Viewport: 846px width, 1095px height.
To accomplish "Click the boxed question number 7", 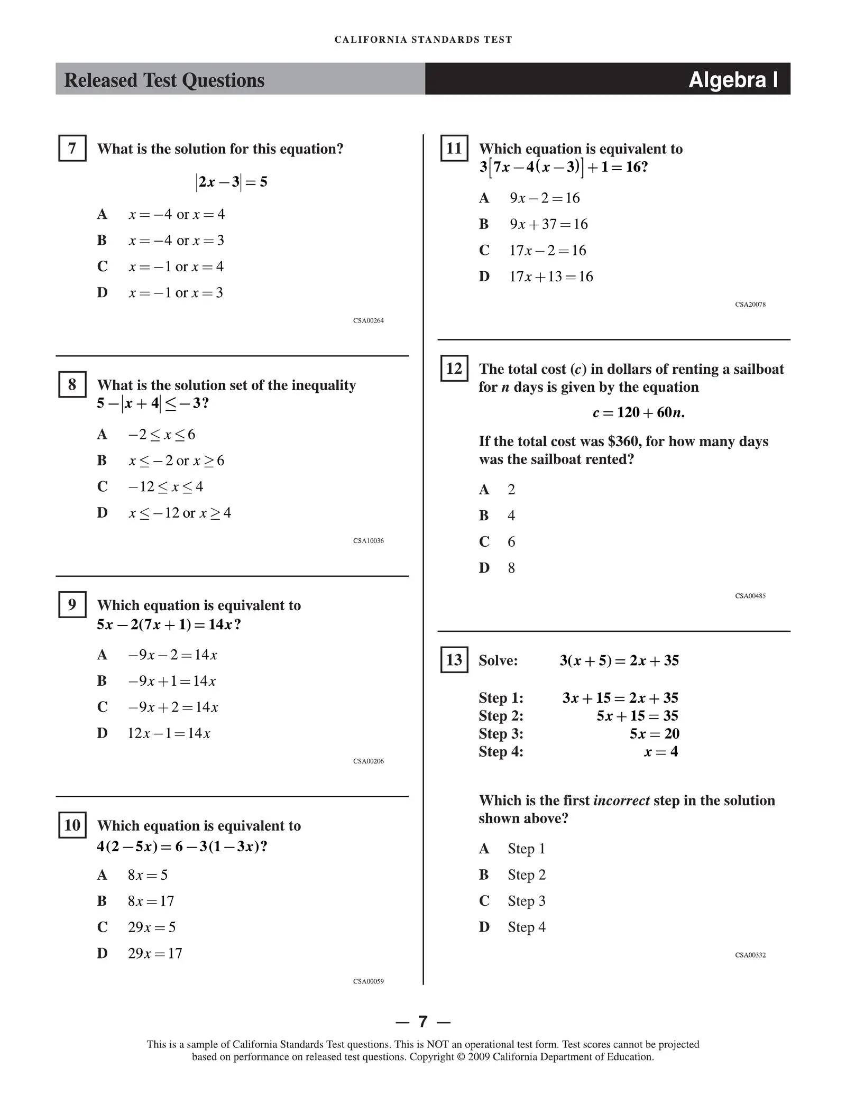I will tap(72, 149).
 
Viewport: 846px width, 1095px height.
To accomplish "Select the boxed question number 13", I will tap(454, 660).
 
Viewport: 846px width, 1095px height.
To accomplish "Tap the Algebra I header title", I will tap(733, 80).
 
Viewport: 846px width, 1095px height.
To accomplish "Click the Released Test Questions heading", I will tap(164, 80).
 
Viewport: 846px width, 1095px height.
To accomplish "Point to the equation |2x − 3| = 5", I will tap(232, 182).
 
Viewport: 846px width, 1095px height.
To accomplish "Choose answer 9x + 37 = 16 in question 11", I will tap(548, 224).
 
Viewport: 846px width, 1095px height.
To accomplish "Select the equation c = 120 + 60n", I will tap(638, 412).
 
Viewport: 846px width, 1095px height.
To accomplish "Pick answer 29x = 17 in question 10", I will tap(155, 953).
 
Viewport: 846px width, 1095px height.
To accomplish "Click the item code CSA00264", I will tap(369, 320).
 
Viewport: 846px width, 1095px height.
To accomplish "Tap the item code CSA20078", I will tap(750, 305).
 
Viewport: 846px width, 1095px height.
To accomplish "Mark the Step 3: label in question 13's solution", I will tap(501, 734).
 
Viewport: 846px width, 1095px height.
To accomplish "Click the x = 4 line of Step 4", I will tap(661, 752).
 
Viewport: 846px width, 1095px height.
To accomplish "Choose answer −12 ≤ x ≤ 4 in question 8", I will tap(165, 486).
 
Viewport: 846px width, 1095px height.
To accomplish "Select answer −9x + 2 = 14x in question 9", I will tap(173, 707).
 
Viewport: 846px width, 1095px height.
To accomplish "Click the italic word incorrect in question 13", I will tap(621, 800).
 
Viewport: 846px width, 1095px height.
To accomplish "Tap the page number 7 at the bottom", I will tap(423, 1022).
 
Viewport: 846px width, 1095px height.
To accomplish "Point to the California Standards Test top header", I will tap(423, 40).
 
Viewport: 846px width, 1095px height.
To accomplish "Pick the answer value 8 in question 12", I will tap(511, 568).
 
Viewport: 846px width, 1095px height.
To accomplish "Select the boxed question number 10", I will tap(72, 826).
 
